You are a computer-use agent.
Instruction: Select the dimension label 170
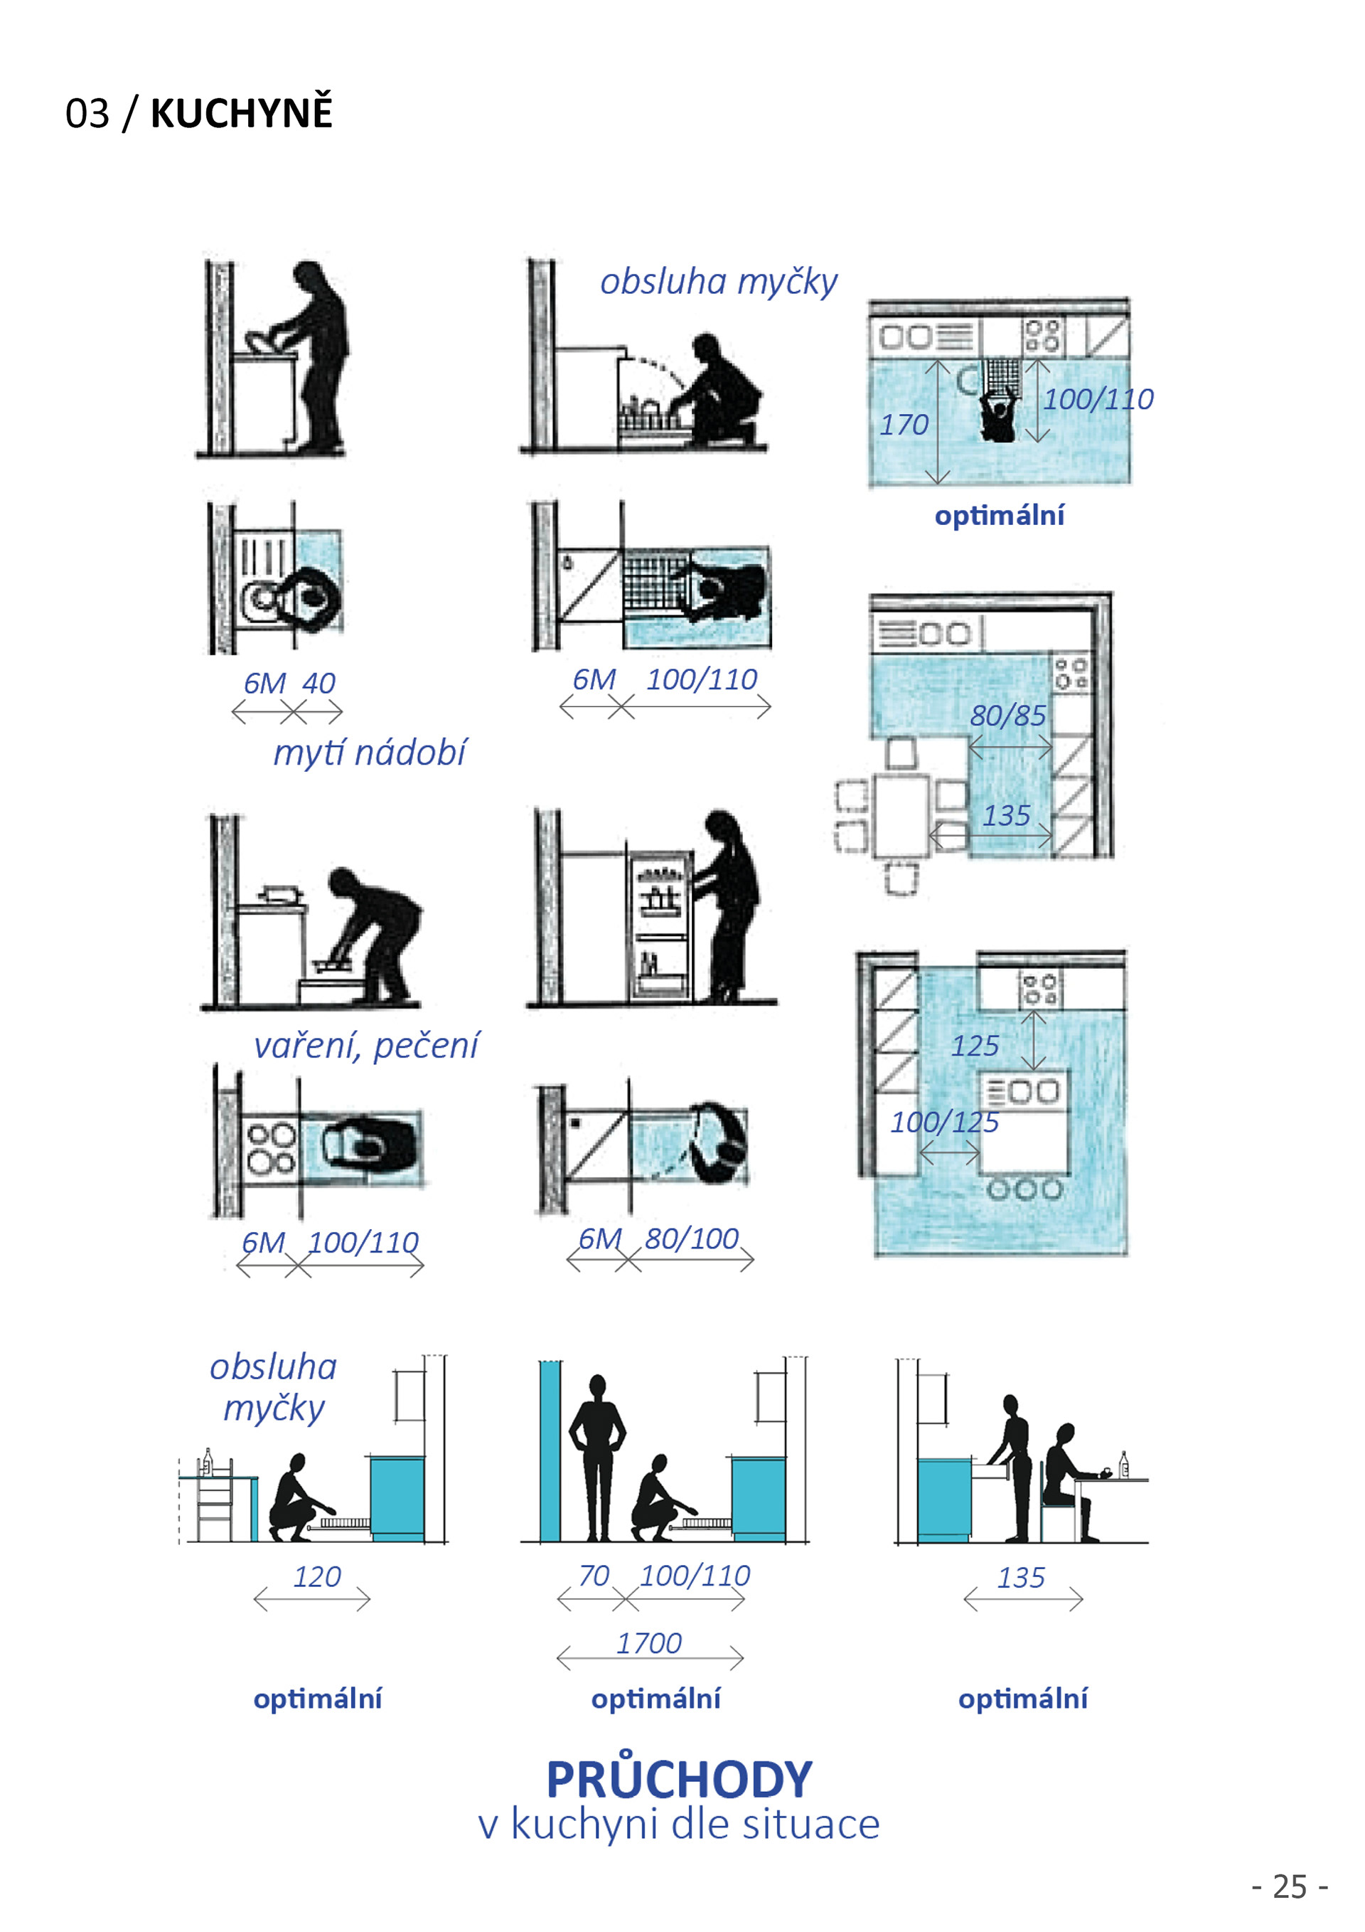904,424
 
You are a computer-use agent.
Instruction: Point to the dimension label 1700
648,1642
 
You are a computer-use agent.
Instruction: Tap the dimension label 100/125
945,1122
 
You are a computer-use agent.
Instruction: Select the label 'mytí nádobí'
369,753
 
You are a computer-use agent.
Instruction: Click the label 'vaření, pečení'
366,1045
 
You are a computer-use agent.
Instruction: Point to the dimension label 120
317,1576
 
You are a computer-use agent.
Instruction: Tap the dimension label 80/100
691,1238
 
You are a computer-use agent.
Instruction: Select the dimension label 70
594,1575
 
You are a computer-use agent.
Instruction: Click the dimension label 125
975,1046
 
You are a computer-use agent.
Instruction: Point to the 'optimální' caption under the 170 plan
999,515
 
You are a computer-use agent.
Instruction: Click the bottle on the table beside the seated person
1123,1465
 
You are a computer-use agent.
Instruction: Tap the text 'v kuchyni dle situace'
679,1825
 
